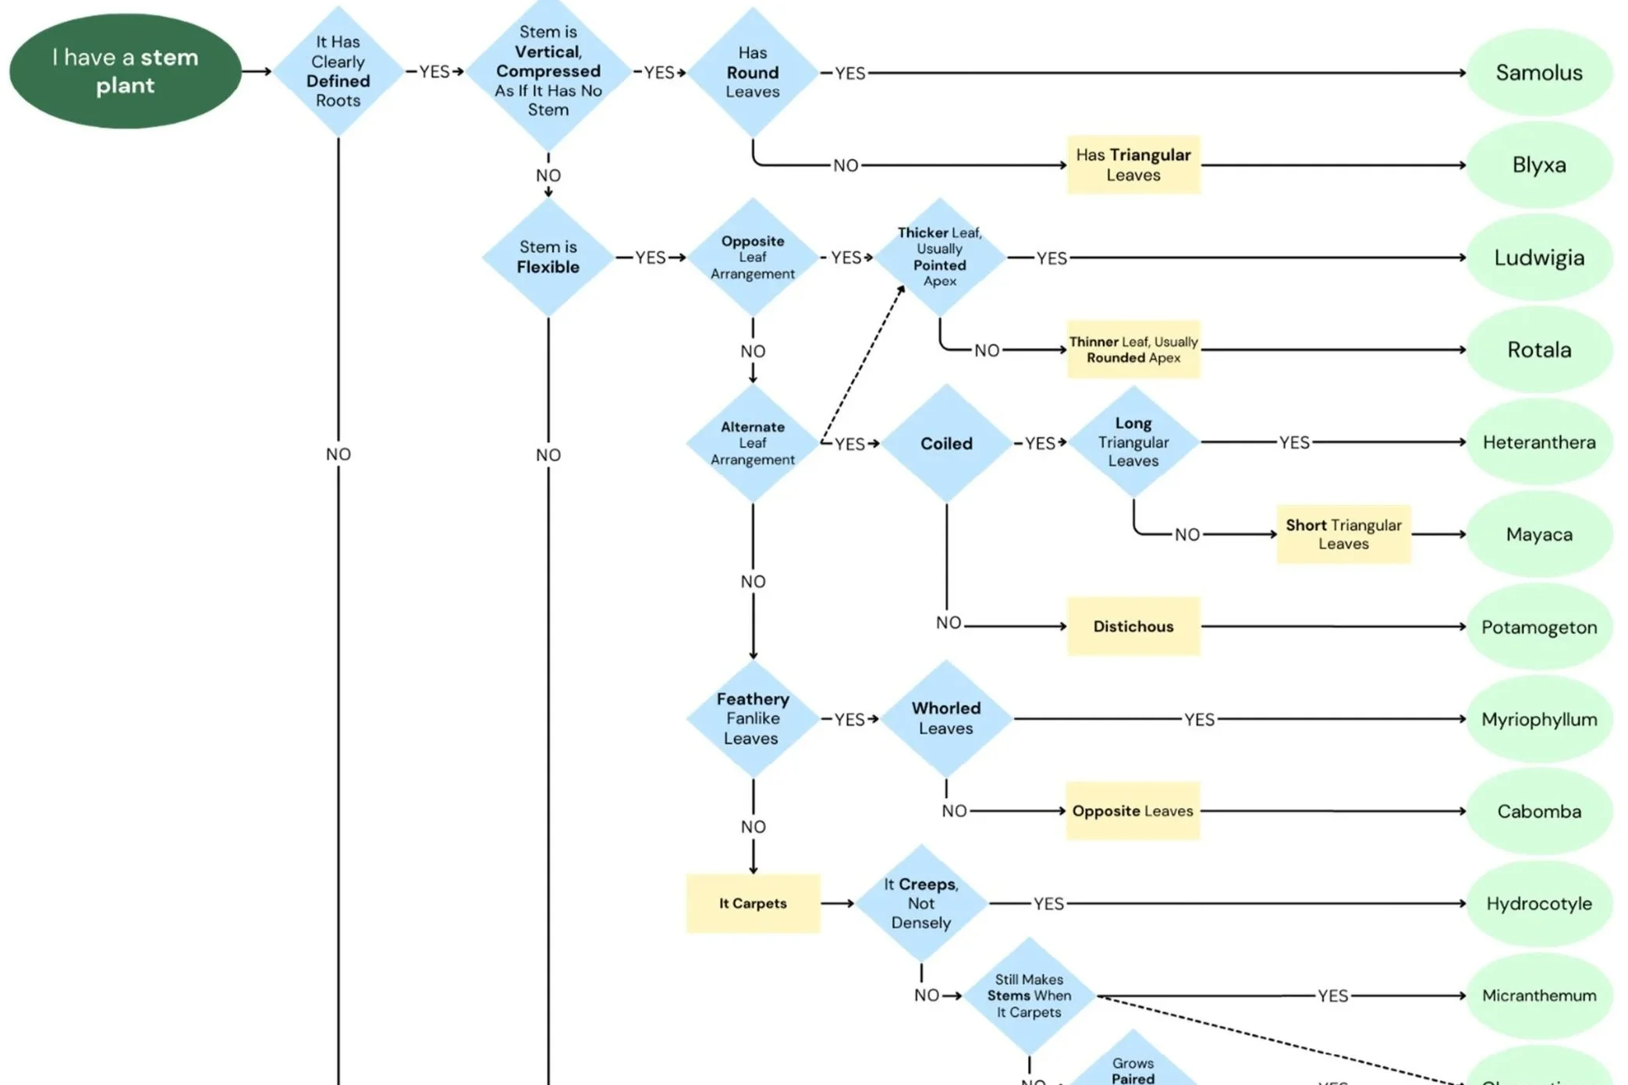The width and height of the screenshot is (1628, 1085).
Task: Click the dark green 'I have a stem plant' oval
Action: [x=125, y=71]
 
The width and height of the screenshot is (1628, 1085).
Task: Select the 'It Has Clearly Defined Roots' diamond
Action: [x=338, y=71]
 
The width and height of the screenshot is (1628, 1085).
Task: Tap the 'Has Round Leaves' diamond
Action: [x=752, y=72]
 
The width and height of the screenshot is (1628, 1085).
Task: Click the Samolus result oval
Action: [x=1538, y=73]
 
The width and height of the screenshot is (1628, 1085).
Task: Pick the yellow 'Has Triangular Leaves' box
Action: [x=1133, y=165]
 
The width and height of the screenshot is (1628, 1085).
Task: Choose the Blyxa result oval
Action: [x=1538, y=165]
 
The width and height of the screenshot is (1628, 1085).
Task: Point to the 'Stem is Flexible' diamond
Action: [x=548, y=257]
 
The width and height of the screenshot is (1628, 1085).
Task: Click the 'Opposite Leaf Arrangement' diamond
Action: [x=752, y=257]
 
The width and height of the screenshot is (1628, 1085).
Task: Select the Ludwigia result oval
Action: [x=1538, y=257]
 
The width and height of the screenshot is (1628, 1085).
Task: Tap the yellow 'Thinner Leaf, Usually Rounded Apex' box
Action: [x=1133, y=349]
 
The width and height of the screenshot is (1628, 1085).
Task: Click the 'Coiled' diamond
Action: [x=946, y=443]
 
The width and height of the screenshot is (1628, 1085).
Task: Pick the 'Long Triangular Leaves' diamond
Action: [x=1133, y=441]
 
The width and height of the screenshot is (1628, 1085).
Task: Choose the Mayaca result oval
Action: [x=1538, y=534]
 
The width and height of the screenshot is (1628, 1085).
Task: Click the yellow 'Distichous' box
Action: [x=1133, y=626]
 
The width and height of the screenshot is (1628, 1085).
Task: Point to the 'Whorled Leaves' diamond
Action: [x=945, y=718]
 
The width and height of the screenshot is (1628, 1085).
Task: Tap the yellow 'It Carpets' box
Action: [x=752, y=903]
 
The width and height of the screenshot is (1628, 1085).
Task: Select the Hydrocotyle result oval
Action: [x=1538, y=903]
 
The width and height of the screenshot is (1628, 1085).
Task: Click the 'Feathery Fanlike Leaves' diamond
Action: [x=752, y=718]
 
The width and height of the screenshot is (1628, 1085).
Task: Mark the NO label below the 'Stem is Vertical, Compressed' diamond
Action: [x=548, y=176]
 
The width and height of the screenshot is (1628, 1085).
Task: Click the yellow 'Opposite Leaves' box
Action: [x=1132, y=811]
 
